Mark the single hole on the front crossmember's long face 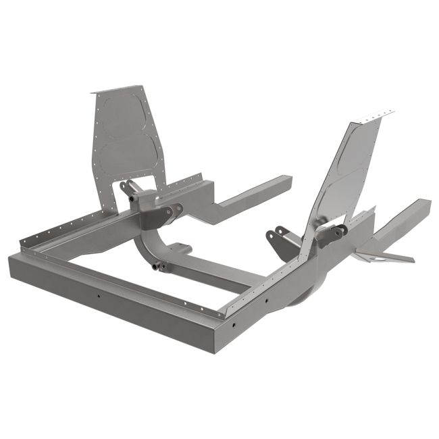click(99, 296)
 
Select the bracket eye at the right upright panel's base click(331, 234)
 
